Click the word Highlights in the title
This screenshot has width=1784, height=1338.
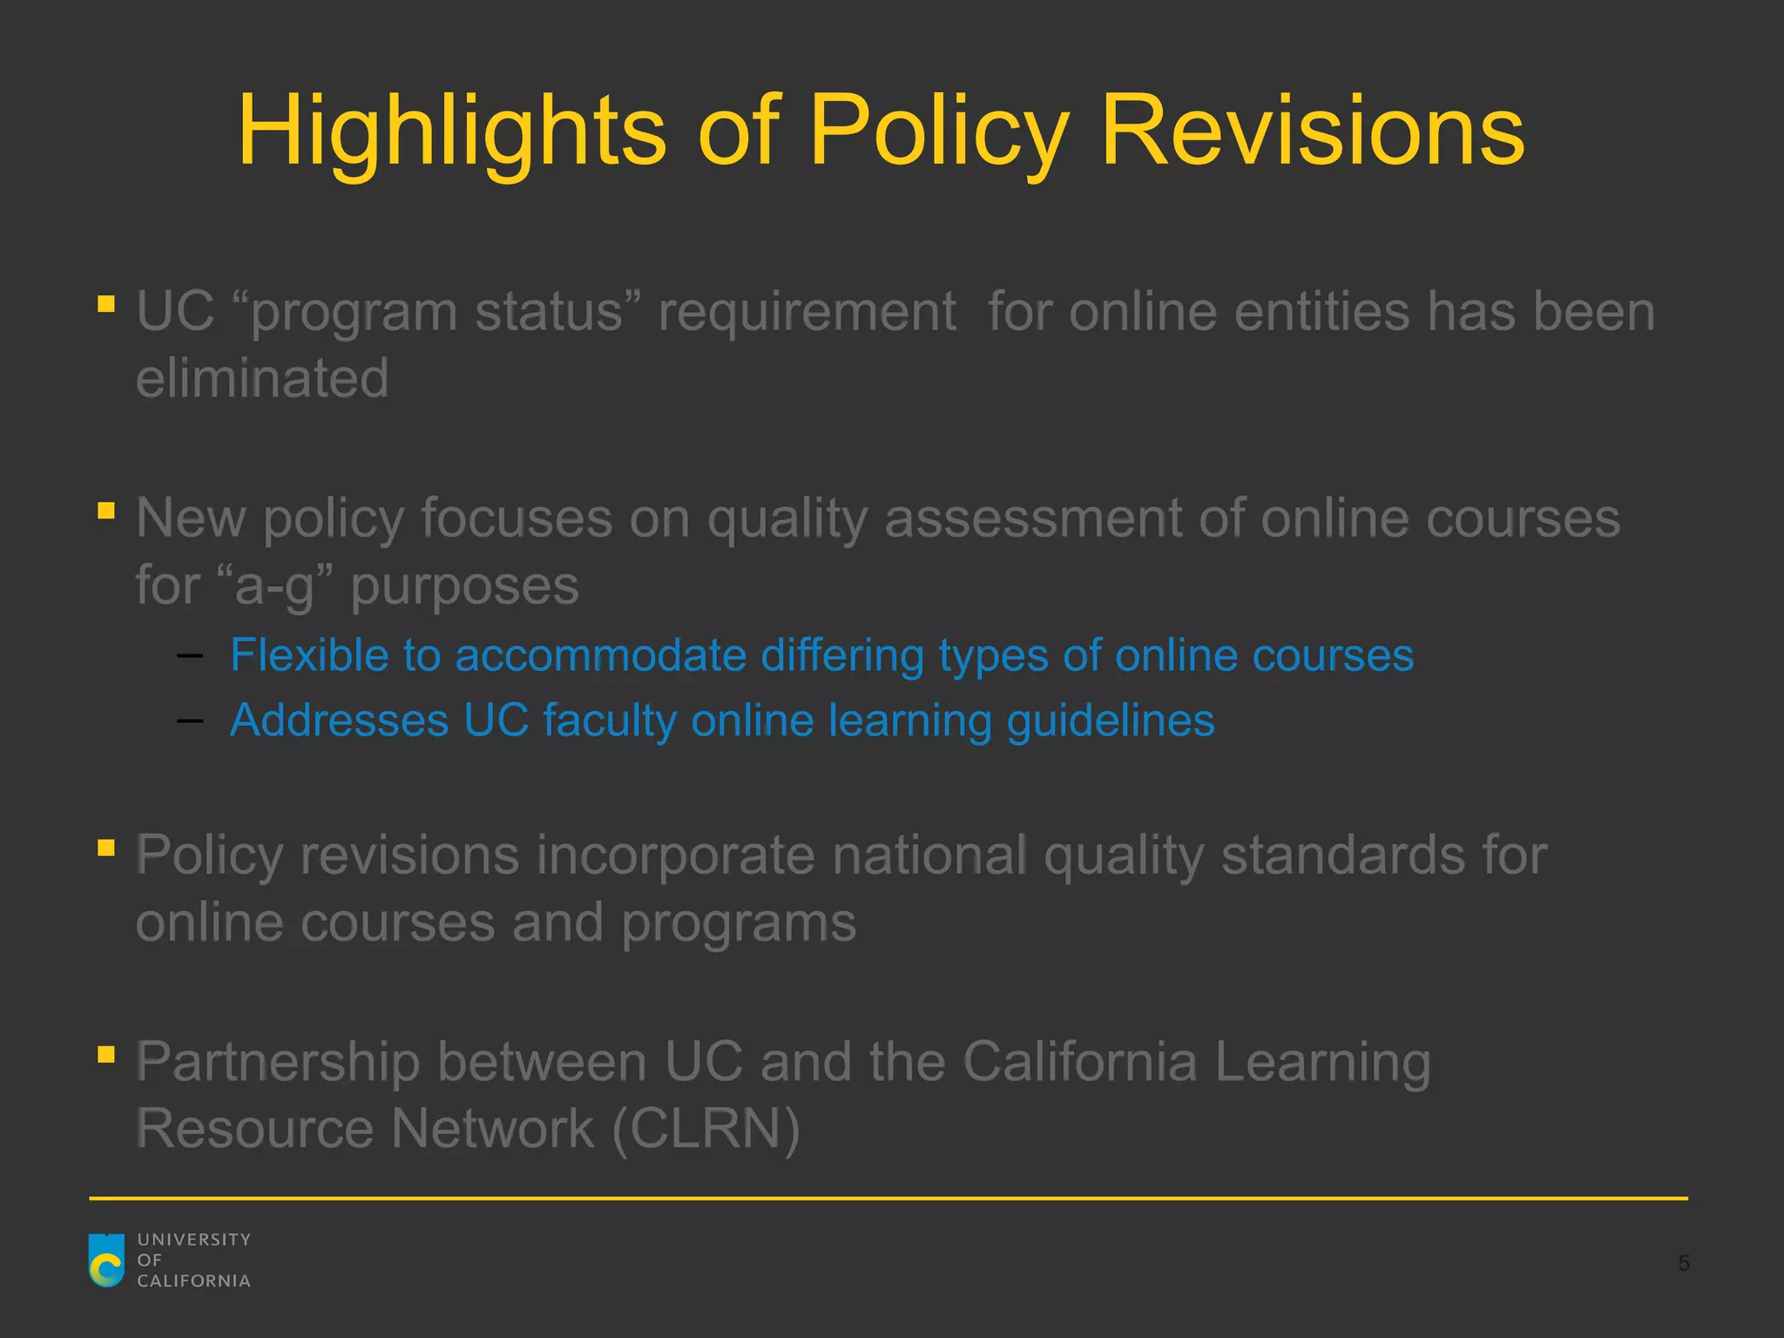[451, 132]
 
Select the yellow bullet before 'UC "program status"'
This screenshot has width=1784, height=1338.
[106, 304]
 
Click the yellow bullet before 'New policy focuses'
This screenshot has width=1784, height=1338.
[106, 510]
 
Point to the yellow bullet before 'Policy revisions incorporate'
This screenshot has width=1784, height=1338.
[106, 848]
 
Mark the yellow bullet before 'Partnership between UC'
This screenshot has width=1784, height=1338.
[106, 1055]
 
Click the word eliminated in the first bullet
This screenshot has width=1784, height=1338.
[262, 378]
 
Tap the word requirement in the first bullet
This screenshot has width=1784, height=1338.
[807, 312]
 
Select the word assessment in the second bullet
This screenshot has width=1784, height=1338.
[1033, 519]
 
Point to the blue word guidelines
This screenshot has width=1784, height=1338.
[1111, 721]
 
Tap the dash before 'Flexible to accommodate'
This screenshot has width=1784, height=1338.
[190, 656]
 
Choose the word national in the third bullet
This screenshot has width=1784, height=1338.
[929, 855]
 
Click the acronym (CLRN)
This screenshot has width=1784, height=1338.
[706, 1129]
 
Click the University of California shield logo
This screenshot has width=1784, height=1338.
[107, 1260]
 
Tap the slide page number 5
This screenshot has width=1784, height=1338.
[1684, 1263]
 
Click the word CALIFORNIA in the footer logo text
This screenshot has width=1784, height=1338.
[193, 1281]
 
